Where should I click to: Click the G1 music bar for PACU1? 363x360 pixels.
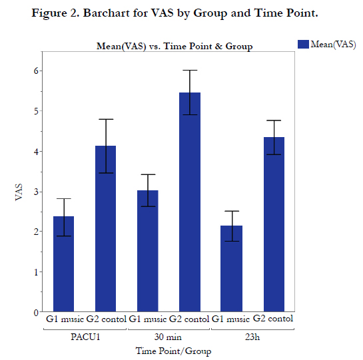[64, 264]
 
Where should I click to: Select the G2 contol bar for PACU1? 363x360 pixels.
[105, 229]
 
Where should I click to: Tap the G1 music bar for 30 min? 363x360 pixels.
[148, 251]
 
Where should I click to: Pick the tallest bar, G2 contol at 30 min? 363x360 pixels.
[190, 202]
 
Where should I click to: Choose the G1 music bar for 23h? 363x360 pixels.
[232, 269]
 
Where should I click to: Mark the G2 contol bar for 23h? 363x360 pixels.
[274, 224]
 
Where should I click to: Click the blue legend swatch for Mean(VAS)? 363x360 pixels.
[303, 44]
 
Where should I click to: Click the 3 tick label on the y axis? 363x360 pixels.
[36, 192]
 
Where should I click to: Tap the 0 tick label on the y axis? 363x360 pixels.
[36, 313]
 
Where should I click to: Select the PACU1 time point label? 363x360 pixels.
[85, 337]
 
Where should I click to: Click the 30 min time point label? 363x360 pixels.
[168, 337]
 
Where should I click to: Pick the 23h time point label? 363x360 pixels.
[252, 337]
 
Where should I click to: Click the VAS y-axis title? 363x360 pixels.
[19, 192]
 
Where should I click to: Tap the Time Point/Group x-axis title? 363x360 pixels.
[173, 351]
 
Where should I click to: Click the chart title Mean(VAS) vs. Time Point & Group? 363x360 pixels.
[175, 47]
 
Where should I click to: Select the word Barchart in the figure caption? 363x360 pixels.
[107, 13]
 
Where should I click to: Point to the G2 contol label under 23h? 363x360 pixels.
[273, 319]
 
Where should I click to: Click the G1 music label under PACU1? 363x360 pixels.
[65, 319]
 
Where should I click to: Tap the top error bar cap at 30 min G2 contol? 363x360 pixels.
[190, 70]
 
